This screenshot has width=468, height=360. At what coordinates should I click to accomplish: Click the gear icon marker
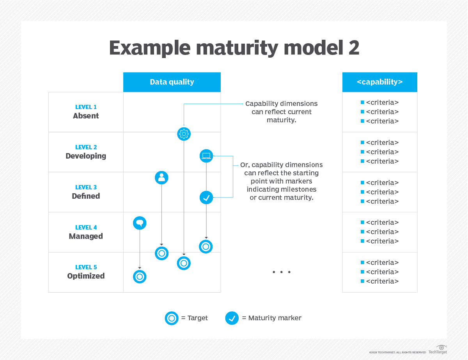click(184, 134)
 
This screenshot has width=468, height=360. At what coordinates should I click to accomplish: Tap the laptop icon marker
click(206, 156)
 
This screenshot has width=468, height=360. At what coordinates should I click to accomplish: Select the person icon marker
click(161, 178)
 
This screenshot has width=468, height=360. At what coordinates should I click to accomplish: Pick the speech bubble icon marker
click(140, 223)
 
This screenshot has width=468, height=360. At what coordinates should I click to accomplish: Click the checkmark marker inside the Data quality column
click(206, 198)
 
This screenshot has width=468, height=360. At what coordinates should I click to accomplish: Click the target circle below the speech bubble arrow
click(140, 277)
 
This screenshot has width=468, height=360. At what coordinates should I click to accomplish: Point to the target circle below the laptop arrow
click(206, 246)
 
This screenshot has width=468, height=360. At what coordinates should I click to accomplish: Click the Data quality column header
click(172, 82)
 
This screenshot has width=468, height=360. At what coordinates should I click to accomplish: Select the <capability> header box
click(379, 82)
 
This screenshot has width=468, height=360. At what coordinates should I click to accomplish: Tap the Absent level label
click(86, 116)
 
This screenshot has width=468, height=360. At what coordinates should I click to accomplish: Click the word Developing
click(86, 156)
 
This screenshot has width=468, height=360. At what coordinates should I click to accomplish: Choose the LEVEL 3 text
click(86, 187)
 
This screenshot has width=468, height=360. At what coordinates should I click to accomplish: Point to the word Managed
click(86, 236)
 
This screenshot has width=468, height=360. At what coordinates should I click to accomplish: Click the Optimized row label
click(86, 276)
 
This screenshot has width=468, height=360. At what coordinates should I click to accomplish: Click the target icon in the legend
click(172, 318)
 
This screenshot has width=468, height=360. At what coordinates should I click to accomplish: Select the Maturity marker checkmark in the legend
click(232, 318)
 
